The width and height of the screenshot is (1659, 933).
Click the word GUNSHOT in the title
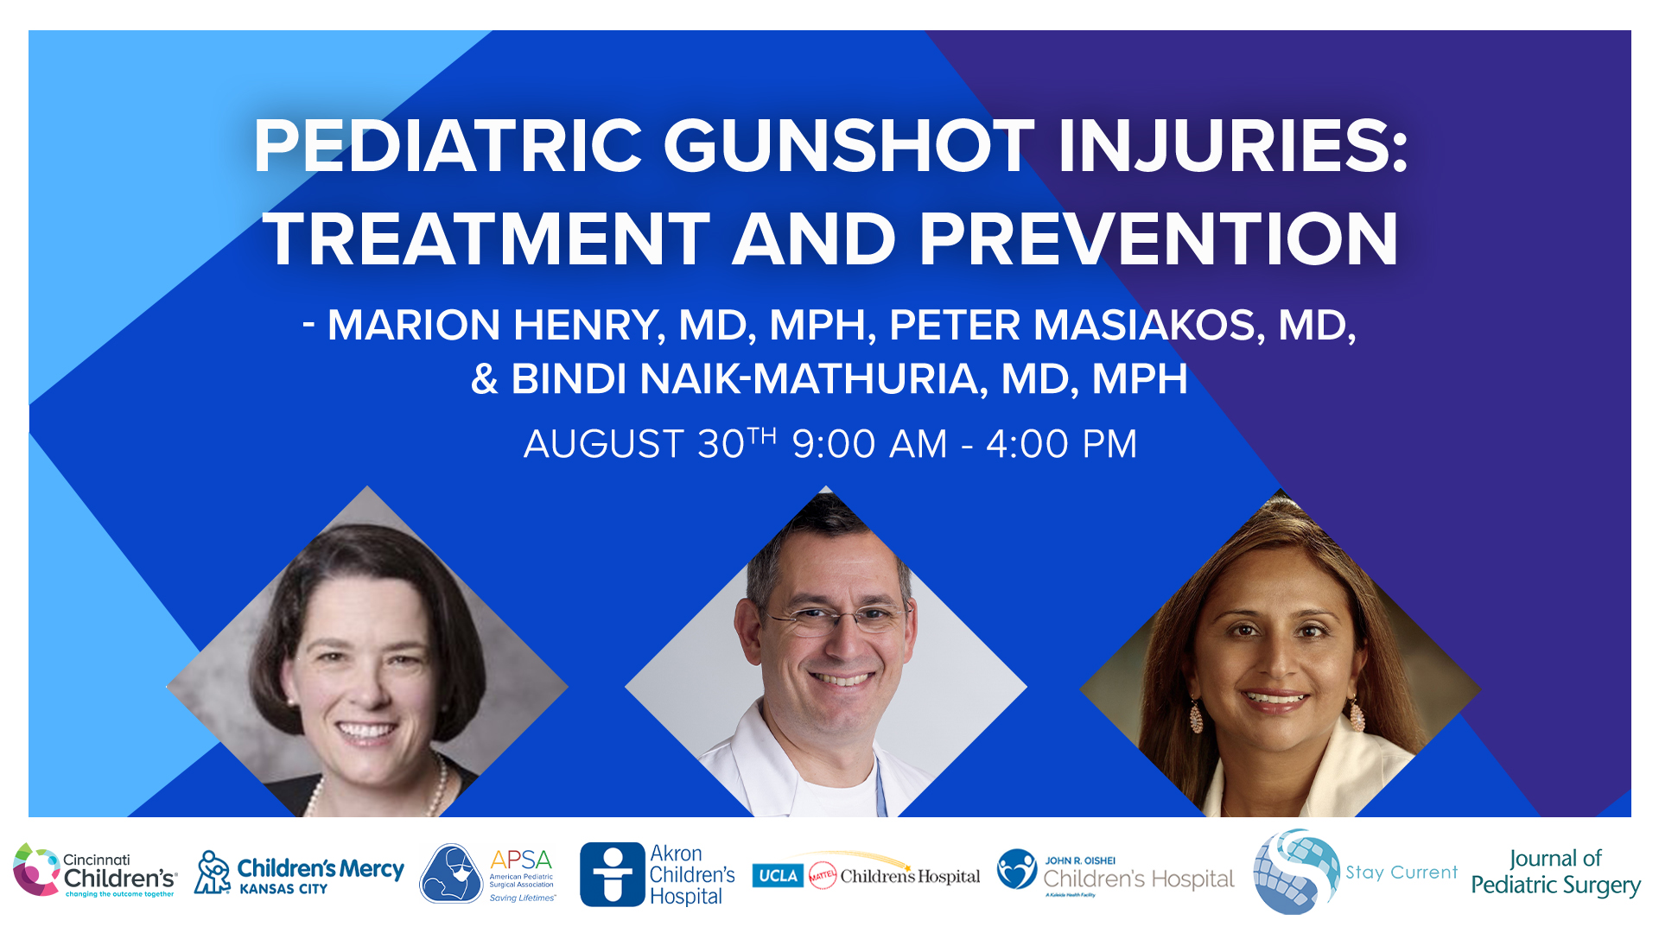849,145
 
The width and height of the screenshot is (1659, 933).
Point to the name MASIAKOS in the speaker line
1148,326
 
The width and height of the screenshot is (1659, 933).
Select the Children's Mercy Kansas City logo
299,874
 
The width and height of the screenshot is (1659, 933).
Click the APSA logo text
520,860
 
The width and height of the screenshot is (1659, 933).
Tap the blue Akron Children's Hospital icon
612,874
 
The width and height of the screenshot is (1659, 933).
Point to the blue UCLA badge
778,876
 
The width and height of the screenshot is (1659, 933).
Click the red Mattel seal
822,876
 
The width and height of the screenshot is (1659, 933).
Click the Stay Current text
1401,873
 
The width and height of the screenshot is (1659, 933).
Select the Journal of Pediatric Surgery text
1555,873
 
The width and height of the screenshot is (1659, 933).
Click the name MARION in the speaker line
414,326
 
